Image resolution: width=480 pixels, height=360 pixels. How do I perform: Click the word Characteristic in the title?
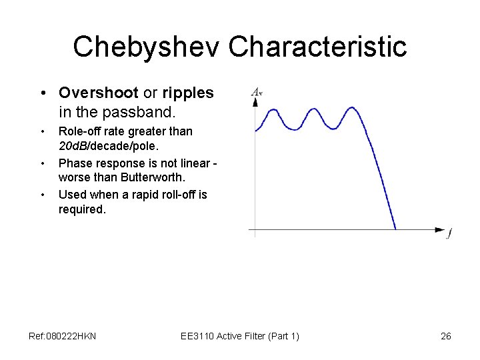[x=317, y=47]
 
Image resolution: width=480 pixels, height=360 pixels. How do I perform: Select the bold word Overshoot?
[x=98, y=93]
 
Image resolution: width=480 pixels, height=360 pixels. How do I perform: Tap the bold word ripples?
[x=188, y=93]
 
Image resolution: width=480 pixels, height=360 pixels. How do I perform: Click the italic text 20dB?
[x=73, y=146]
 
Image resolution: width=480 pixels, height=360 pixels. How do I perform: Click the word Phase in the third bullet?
[x=74, y=163]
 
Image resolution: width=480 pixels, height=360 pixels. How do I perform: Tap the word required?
[x=81, y=209]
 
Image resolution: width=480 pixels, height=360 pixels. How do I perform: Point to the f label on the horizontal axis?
[x=449, y=233]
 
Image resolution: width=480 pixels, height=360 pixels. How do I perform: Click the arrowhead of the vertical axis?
[x=255, y=102]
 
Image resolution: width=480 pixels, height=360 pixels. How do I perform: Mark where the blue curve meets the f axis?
[x=396, y=230]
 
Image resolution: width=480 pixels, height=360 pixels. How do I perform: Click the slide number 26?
[x=446, y=336]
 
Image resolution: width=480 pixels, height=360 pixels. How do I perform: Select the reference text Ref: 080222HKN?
[x=63, y=336]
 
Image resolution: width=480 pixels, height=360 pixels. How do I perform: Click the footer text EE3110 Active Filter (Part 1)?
[x=240, y=336]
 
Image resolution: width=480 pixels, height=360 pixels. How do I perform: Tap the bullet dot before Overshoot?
[x=42, y=93]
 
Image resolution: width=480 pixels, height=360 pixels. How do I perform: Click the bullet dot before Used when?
[x=42, y=195]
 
